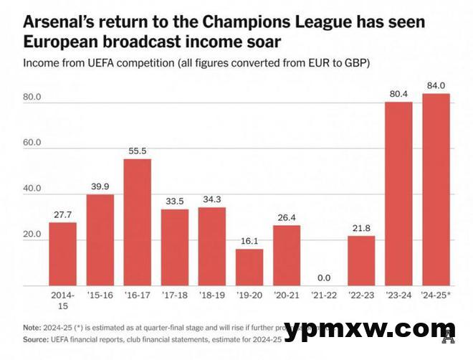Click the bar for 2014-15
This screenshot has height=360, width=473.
pyautogui.click(x=63, y=254)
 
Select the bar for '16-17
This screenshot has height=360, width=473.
pyautogui.click(x=138, y=222)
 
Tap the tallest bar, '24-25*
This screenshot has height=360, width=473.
pyautogui.click(x=436, y=189)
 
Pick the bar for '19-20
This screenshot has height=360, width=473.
pyautogui.click(x=249, y=267)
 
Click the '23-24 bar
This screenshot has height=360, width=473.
pyautogui.click(x=398, y=194)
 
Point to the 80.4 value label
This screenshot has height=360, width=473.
pyautogui.click(x=398, y=94)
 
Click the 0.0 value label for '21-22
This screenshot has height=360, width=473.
pyautogui.click(x=324, y=278)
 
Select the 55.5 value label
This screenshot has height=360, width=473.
pyautogui.click(x=138, y=151)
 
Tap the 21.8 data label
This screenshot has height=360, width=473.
pyautogui.click(x=361, y=228)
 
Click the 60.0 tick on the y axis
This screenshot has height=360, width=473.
pyautogui.click(x=33, y=143)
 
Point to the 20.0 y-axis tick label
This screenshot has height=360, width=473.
pyautogui.click(x=33, y=235)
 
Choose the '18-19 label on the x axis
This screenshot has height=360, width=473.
pyautogui.click(x=212, y=294)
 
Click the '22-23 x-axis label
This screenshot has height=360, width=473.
pyautogui.click(x=361, y=294)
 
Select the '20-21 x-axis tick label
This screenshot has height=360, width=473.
pyautogui.click(x=287, y=294)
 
